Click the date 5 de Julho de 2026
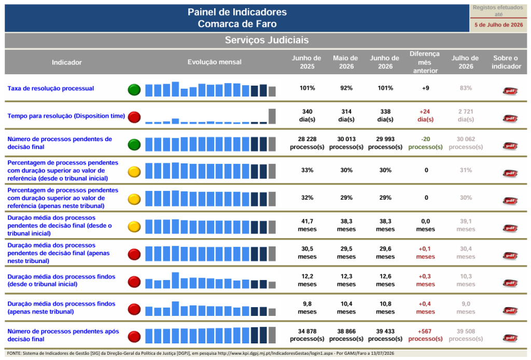(x=498, y=25)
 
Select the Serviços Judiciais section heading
(x=267, y=40)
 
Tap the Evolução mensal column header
(x=214, y=62)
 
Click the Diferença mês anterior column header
(x=425, y=62)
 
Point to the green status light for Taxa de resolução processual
(x=134, y=90)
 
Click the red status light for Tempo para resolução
(x=134, y=117)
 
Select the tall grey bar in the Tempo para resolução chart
(x=272, y=116)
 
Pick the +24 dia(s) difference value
(x=425, y=116)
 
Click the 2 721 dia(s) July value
(x=466, y=116)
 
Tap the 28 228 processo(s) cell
(x=307, y=143)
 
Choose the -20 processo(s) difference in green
(x=425, y=143)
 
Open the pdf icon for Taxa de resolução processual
(x=510, y=91)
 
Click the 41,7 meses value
(x=307, y=225)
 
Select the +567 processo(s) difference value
(x=425, y=335)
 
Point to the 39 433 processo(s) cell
(x=385, y=335)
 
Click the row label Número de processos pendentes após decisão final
(x=63, y=335)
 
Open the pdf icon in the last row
(x=510, y=338)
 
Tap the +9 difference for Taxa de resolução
(x=425, y=88)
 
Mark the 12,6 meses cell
(x=385, y=280)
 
